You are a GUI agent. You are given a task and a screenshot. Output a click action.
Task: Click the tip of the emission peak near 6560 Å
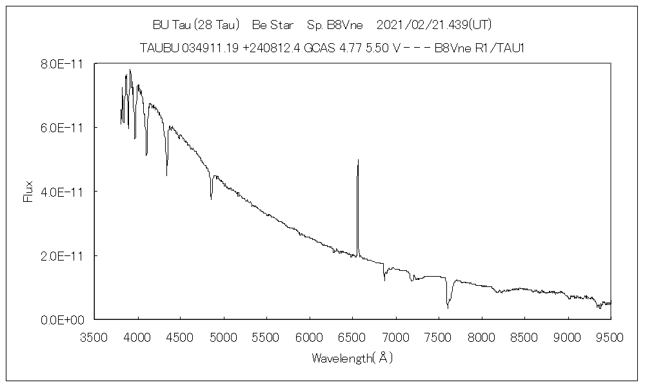coord(358,159)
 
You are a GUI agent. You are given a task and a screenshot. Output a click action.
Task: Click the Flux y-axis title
coord(28,192)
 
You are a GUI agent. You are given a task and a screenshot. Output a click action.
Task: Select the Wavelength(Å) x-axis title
coord(352,357)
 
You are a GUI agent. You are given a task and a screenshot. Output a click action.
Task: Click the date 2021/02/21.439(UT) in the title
coord(434,25)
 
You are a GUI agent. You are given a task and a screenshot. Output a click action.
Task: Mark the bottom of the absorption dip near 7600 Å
coord(448,308)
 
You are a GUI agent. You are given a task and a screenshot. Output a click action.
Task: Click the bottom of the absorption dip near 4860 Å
coord(211,199)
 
